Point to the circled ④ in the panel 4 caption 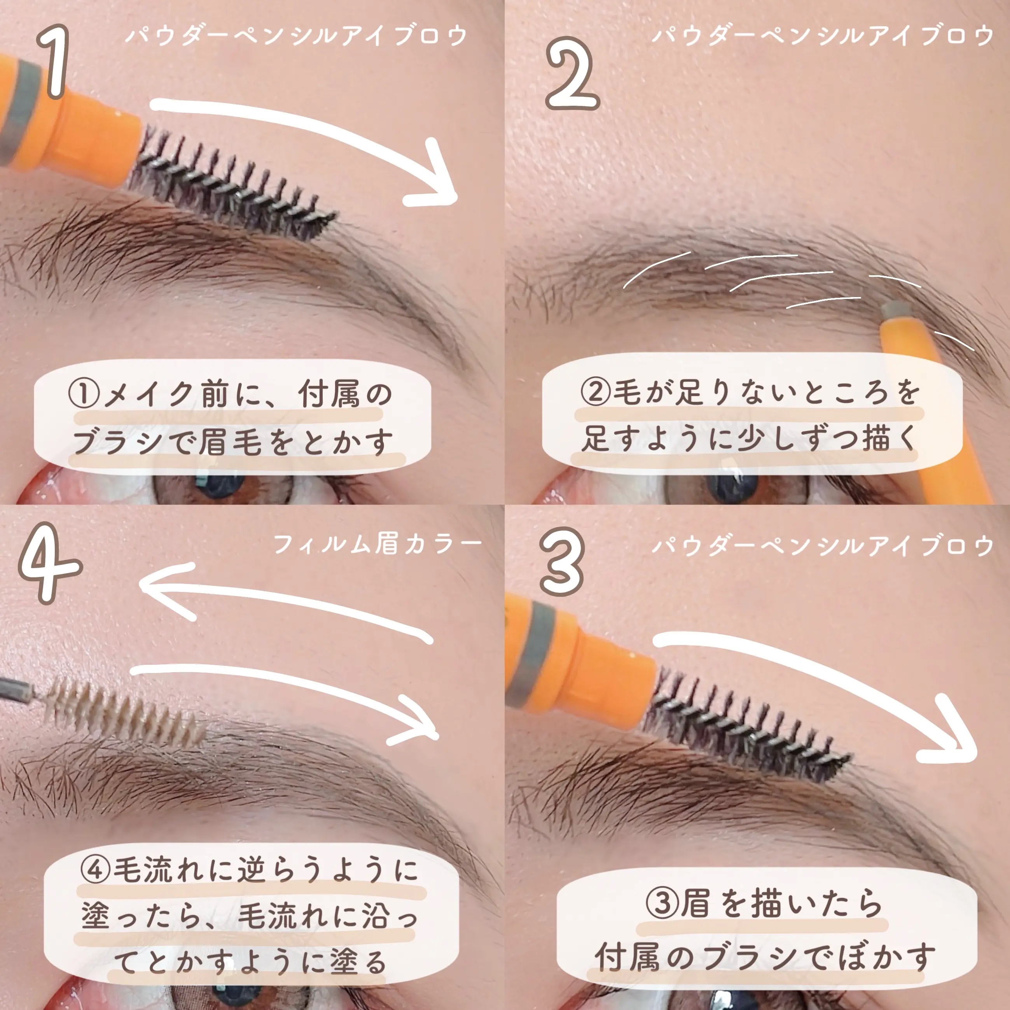pyautogui.click(x=96, y=869)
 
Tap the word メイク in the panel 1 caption pyautogui.click(x=150, y=395)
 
